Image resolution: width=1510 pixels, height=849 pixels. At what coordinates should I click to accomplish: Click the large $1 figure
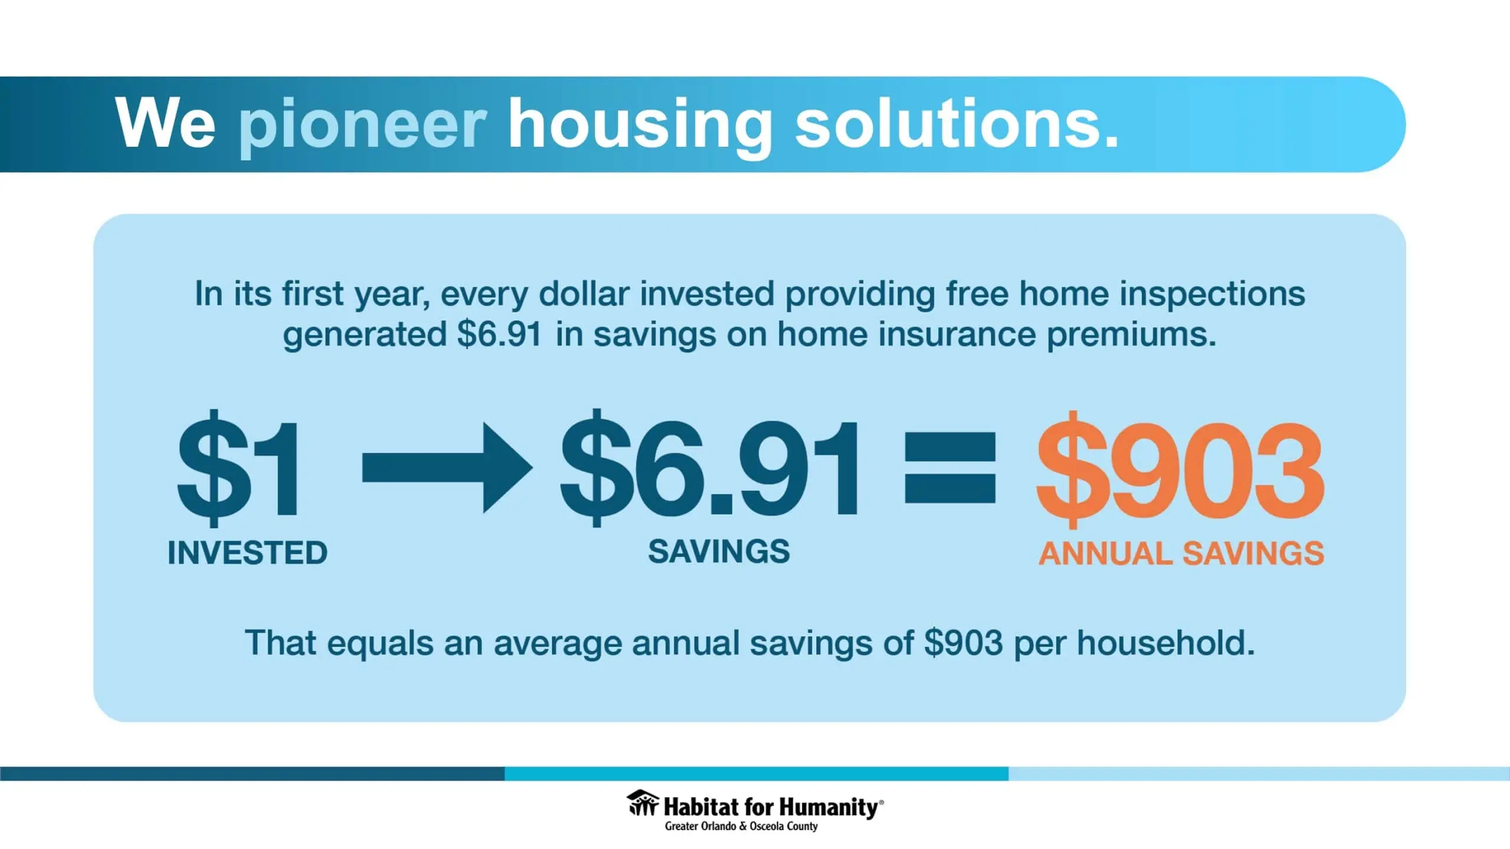(238, 468)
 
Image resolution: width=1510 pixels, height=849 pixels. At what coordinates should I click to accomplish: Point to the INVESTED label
(247, 552)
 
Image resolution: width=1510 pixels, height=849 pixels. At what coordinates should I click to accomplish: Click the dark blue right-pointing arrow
(447, 467)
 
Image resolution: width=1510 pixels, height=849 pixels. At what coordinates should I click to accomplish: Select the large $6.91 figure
(709, 468)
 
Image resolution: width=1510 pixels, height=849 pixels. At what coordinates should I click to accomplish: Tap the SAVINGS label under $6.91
(718, 552)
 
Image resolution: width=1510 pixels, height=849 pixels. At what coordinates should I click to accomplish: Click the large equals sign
(950, 468)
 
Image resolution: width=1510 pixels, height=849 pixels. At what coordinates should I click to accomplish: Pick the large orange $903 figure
(1180, 469)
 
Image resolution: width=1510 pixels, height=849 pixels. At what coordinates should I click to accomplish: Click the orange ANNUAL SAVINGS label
(1181, 554)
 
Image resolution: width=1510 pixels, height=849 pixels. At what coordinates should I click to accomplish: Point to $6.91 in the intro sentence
(499, 334)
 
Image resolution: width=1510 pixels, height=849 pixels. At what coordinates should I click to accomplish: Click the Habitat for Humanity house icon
(642, 803)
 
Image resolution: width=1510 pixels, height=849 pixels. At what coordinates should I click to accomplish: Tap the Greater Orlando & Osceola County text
(741, 826)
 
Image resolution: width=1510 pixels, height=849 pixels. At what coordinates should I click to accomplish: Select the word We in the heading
(166, 124)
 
